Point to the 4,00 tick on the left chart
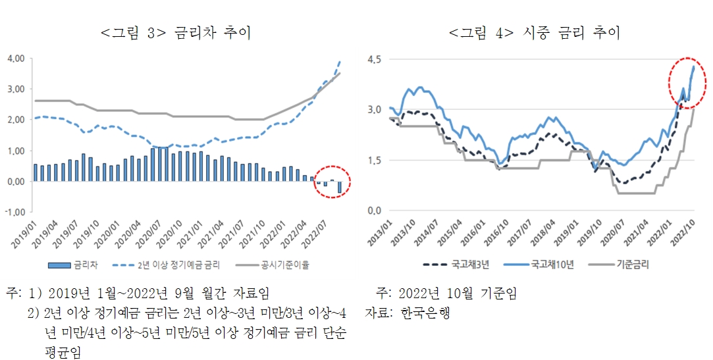(x=15, y=59)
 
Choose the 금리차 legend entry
(x=78, y=265)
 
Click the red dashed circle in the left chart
(x=332, y=182)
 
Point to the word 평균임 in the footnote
(x=58, y=353)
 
